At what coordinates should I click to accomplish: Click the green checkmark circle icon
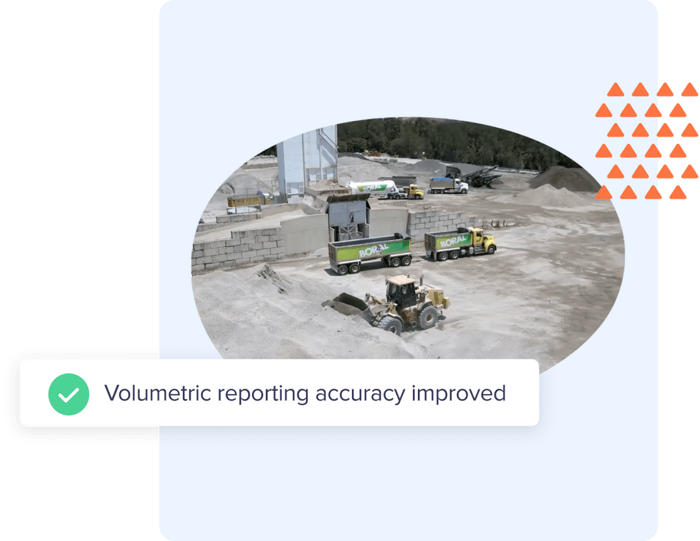(x=68, y=394)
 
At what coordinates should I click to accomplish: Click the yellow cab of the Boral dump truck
(x=482, y=240)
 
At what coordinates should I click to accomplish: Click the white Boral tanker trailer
(x=373, y=188)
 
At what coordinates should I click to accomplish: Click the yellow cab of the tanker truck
(x=413, y=192)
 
